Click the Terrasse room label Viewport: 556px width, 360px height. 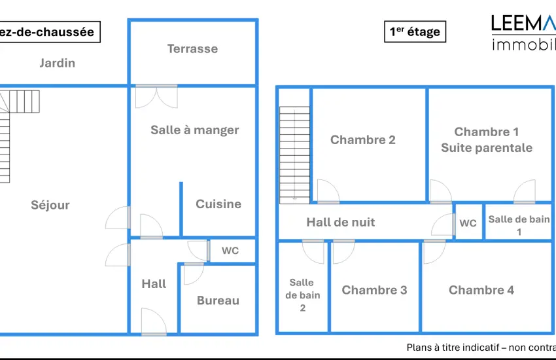[192, 48]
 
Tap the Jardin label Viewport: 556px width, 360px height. [58, 63]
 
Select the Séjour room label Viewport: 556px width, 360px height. [50, 205]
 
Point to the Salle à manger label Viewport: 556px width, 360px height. [195, 130]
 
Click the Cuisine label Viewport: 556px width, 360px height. [218, 204]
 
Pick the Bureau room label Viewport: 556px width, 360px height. [218, 300]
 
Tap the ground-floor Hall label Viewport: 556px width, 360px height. [154, 283]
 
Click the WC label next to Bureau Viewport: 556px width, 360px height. [230, 251]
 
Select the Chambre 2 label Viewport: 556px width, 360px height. [363, 139]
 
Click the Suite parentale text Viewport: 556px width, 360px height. [487, 148]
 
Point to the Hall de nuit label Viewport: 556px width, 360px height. [341, 223]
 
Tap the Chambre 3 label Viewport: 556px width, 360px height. [374, 290]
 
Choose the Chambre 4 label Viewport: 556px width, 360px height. [481, 290]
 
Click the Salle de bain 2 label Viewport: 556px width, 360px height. [302, 295]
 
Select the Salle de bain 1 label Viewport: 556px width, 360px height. [519, 225]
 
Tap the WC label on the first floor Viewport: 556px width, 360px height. [468, 223]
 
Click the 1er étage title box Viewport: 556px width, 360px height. [415, 31]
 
